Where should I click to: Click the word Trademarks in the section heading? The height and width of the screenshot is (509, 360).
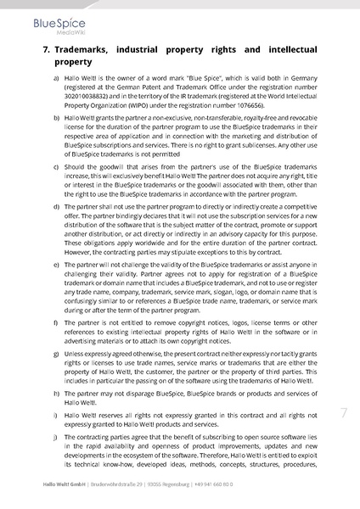[x=87, y=50]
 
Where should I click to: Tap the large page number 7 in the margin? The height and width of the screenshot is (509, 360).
[x=344, y=413]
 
